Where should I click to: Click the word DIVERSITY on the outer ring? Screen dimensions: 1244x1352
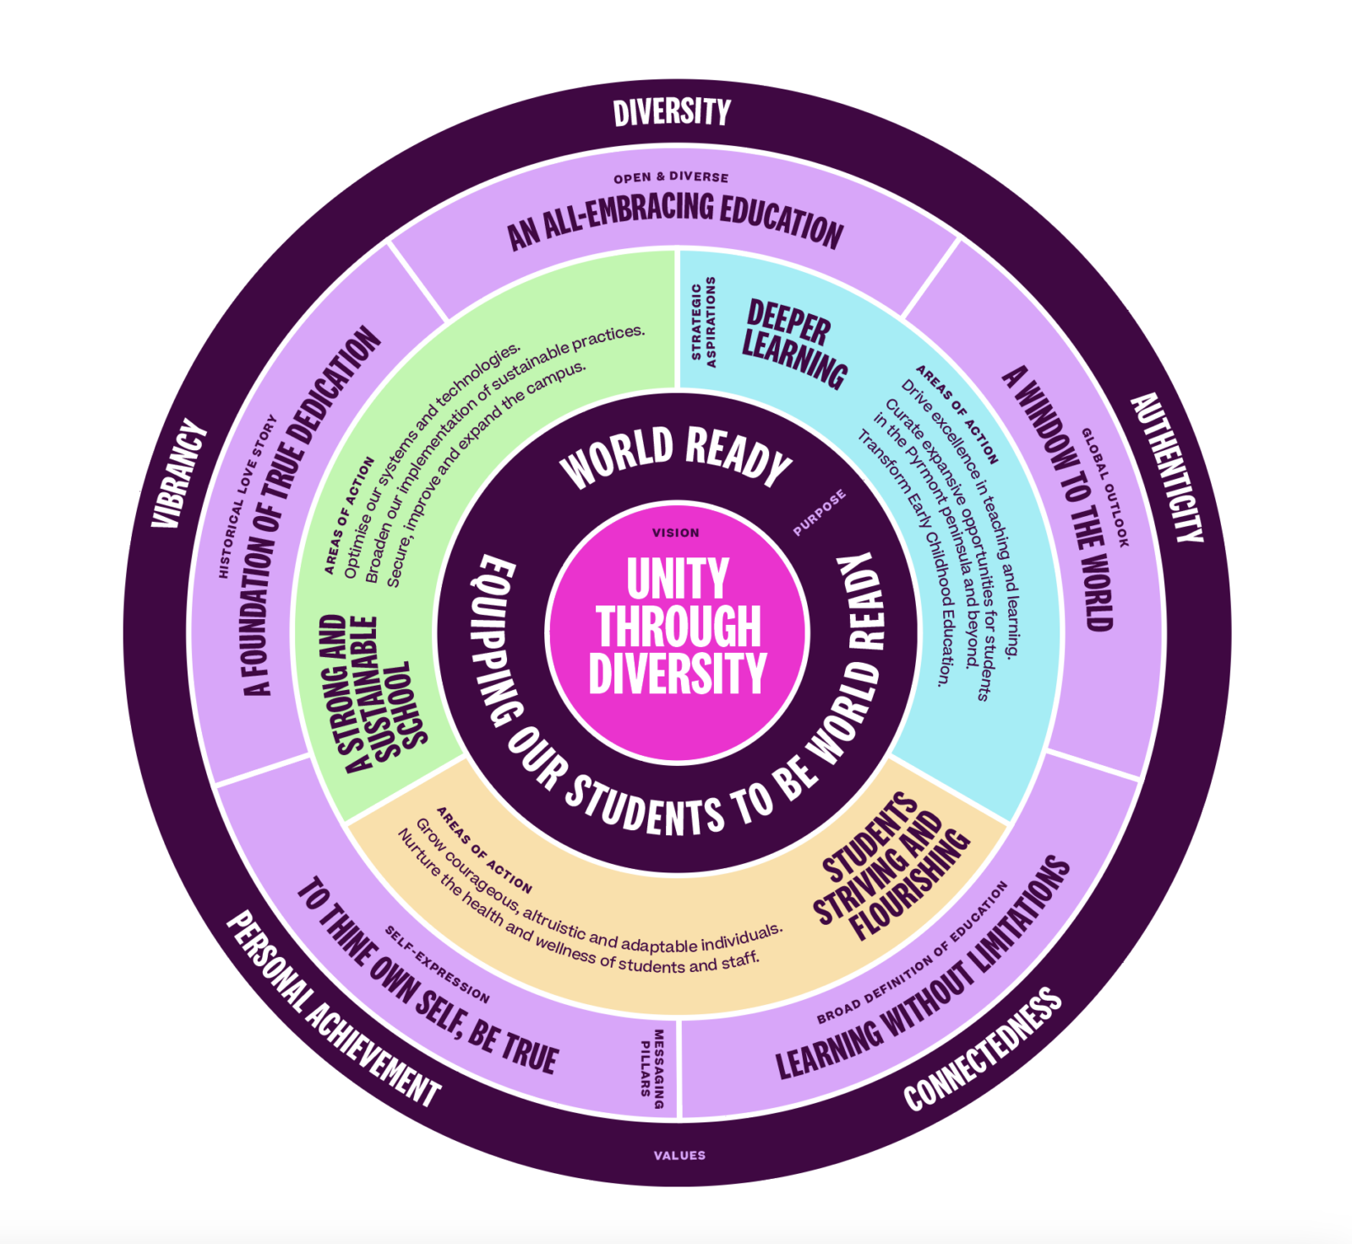[672, 112]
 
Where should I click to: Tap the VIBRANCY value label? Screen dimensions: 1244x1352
[179, 474]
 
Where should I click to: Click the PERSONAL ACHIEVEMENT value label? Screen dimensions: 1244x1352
[333, 1009]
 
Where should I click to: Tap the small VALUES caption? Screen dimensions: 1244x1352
[679, 1155]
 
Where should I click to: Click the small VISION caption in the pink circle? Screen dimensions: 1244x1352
[676, 533]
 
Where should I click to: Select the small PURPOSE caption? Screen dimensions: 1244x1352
[819, 513]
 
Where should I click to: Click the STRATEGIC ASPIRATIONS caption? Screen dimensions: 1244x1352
[703, 322]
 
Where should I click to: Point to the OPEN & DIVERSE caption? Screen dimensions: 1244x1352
[671, 177]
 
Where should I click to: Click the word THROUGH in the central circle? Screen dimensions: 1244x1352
[679, 626]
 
